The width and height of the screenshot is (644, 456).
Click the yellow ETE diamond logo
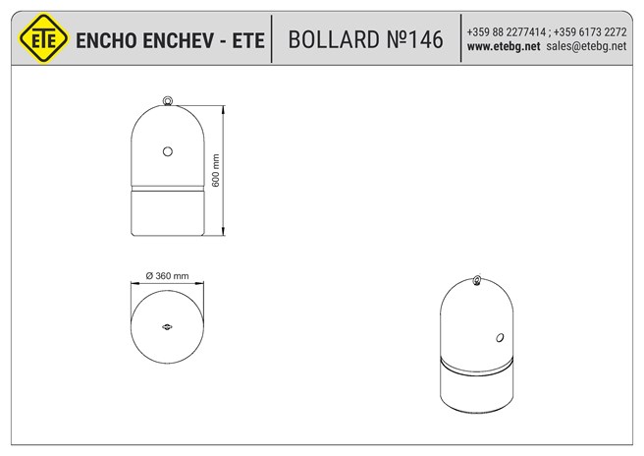42,38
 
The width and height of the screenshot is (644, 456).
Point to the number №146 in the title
416,39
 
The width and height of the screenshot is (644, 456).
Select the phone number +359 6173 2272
591,31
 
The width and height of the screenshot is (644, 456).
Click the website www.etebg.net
504,46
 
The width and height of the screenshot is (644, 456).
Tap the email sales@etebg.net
586,46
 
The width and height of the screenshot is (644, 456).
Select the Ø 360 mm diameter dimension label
167,276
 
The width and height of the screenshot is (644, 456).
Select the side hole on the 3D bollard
500,338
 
